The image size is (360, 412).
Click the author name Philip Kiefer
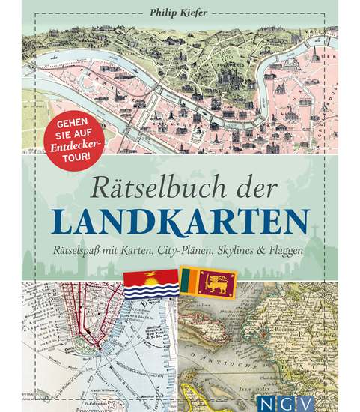(180, 13)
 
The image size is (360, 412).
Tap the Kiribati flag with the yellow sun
(150, 283)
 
